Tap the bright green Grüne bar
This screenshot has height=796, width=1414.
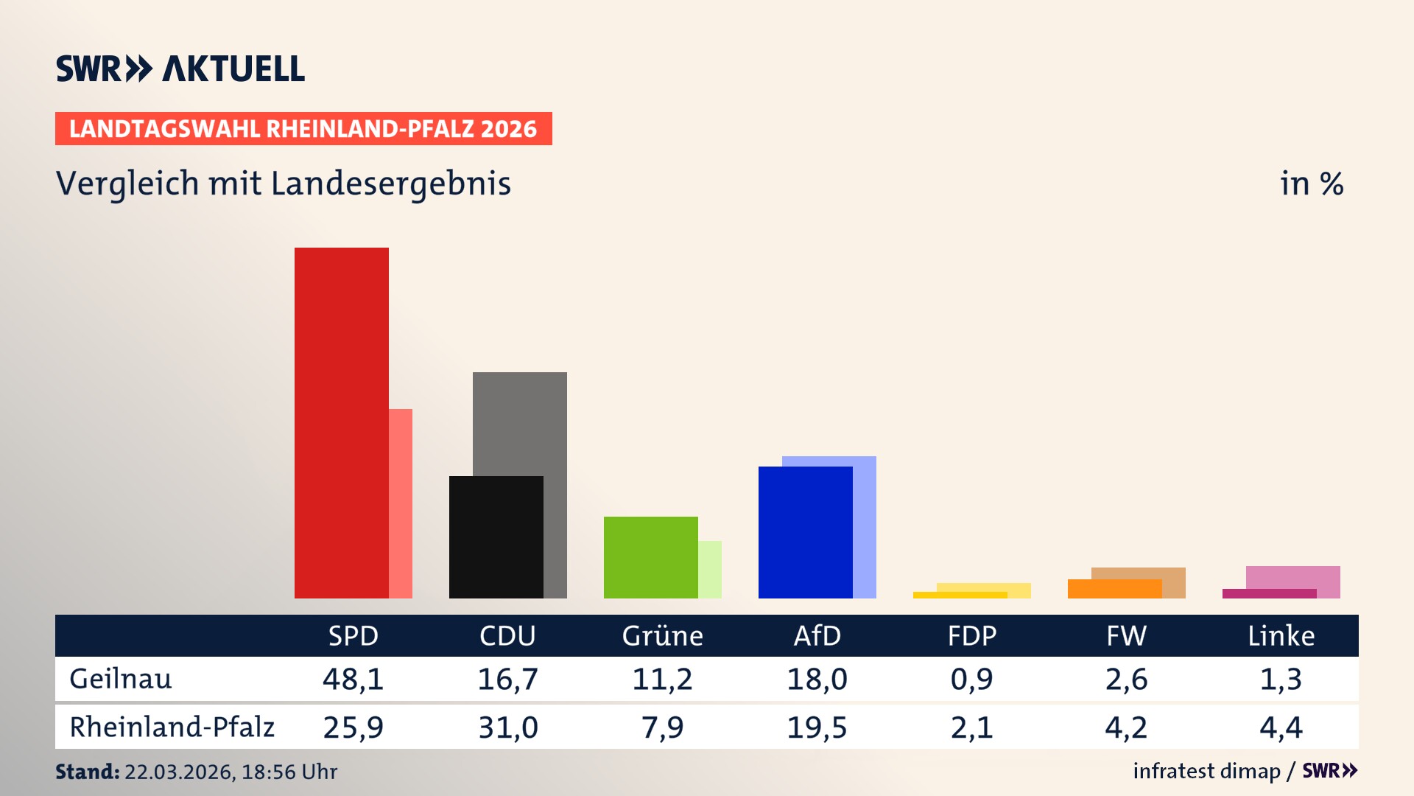tap(650, 557)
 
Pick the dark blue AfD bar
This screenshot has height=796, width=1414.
tap(805, 532)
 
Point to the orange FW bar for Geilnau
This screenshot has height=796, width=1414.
tap(1114, 589)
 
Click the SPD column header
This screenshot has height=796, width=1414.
tap(353, 636)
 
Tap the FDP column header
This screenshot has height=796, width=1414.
tap(972, 636)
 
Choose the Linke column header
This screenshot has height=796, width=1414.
tap(1281, 636)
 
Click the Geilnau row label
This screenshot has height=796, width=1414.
tap(121, 679)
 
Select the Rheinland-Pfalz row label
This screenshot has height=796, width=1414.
tap(172, 727)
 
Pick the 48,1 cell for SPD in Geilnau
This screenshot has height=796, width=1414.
tap(353, 679)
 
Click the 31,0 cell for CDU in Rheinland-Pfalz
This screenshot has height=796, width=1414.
tap(508, 727)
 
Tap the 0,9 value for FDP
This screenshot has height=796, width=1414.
tap(972, 679)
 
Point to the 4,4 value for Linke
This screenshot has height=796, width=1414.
tap(1281, 727)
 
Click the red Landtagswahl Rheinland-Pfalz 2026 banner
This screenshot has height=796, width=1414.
tap(303, 129)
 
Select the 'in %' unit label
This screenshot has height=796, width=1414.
tap(1312, 184)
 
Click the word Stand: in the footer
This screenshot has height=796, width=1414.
tap(87, 772)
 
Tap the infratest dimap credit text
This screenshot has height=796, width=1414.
tap(1206, 771)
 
